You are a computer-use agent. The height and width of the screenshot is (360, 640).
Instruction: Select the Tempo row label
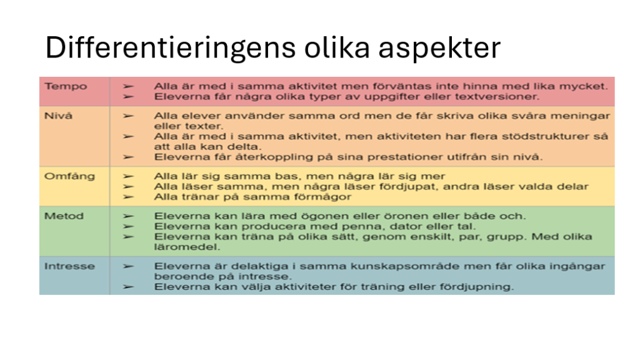[66, 86]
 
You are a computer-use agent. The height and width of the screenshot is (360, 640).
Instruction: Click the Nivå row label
[58, 116]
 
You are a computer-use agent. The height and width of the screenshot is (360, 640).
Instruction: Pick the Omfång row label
[69, 177]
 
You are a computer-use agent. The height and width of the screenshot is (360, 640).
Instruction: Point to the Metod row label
[64, 216]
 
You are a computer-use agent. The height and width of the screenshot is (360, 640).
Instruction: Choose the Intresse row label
[69, 266]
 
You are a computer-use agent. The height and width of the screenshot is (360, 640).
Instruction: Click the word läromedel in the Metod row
[187, 247]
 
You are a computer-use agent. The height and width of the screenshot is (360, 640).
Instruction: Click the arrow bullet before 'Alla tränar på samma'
[129, 197]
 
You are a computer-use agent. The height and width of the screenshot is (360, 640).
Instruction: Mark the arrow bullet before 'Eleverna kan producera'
[129, 226]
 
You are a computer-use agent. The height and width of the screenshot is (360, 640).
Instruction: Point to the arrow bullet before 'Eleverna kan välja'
[129, 287]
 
